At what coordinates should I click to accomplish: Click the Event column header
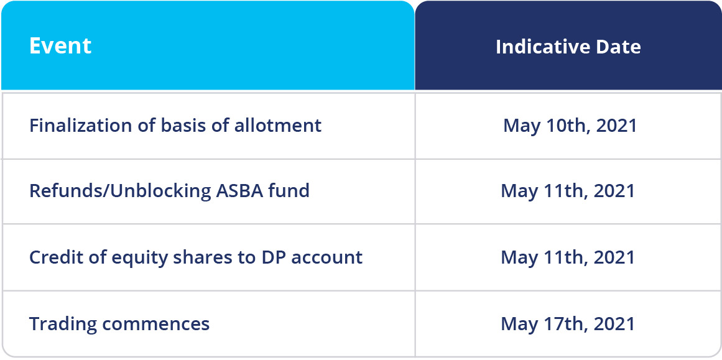(60, 46)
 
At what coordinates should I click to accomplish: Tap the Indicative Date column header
(568, 47)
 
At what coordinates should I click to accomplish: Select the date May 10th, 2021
(570, 126)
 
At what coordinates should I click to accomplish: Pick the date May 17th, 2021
(568, 324)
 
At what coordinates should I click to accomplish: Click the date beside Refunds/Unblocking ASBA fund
(568, 191)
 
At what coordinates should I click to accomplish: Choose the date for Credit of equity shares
(568, 257)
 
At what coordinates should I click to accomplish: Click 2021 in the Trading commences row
(614, 324)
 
